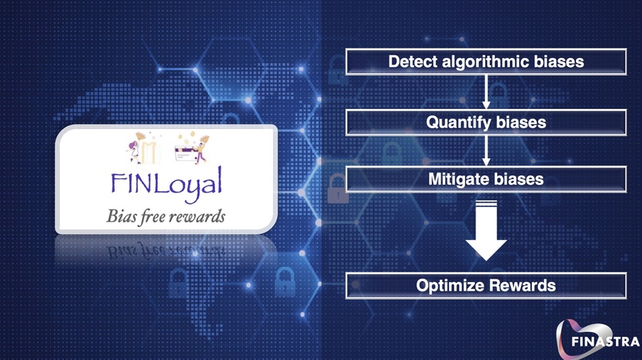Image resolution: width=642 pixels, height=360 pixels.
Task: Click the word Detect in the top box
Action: pos(410,61)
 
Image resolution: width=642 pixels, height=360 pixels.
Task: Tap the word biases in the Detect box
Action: pos(556,61)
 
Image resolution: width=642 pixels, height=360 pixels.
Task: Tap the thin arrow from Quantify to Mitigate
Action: pos(485,151)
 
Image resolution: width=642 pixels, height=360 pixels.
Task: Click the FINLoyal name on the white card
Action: pos(167,184)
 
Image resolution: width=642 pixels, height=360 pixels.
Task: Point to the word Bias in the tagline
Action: pos(121,215)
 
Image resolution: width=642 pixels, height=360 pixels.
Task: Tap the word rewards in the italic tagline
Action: pos(198,215)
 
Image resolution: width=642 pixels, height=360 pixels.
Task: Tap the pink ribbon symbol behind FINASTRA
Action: pos(585,331)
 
